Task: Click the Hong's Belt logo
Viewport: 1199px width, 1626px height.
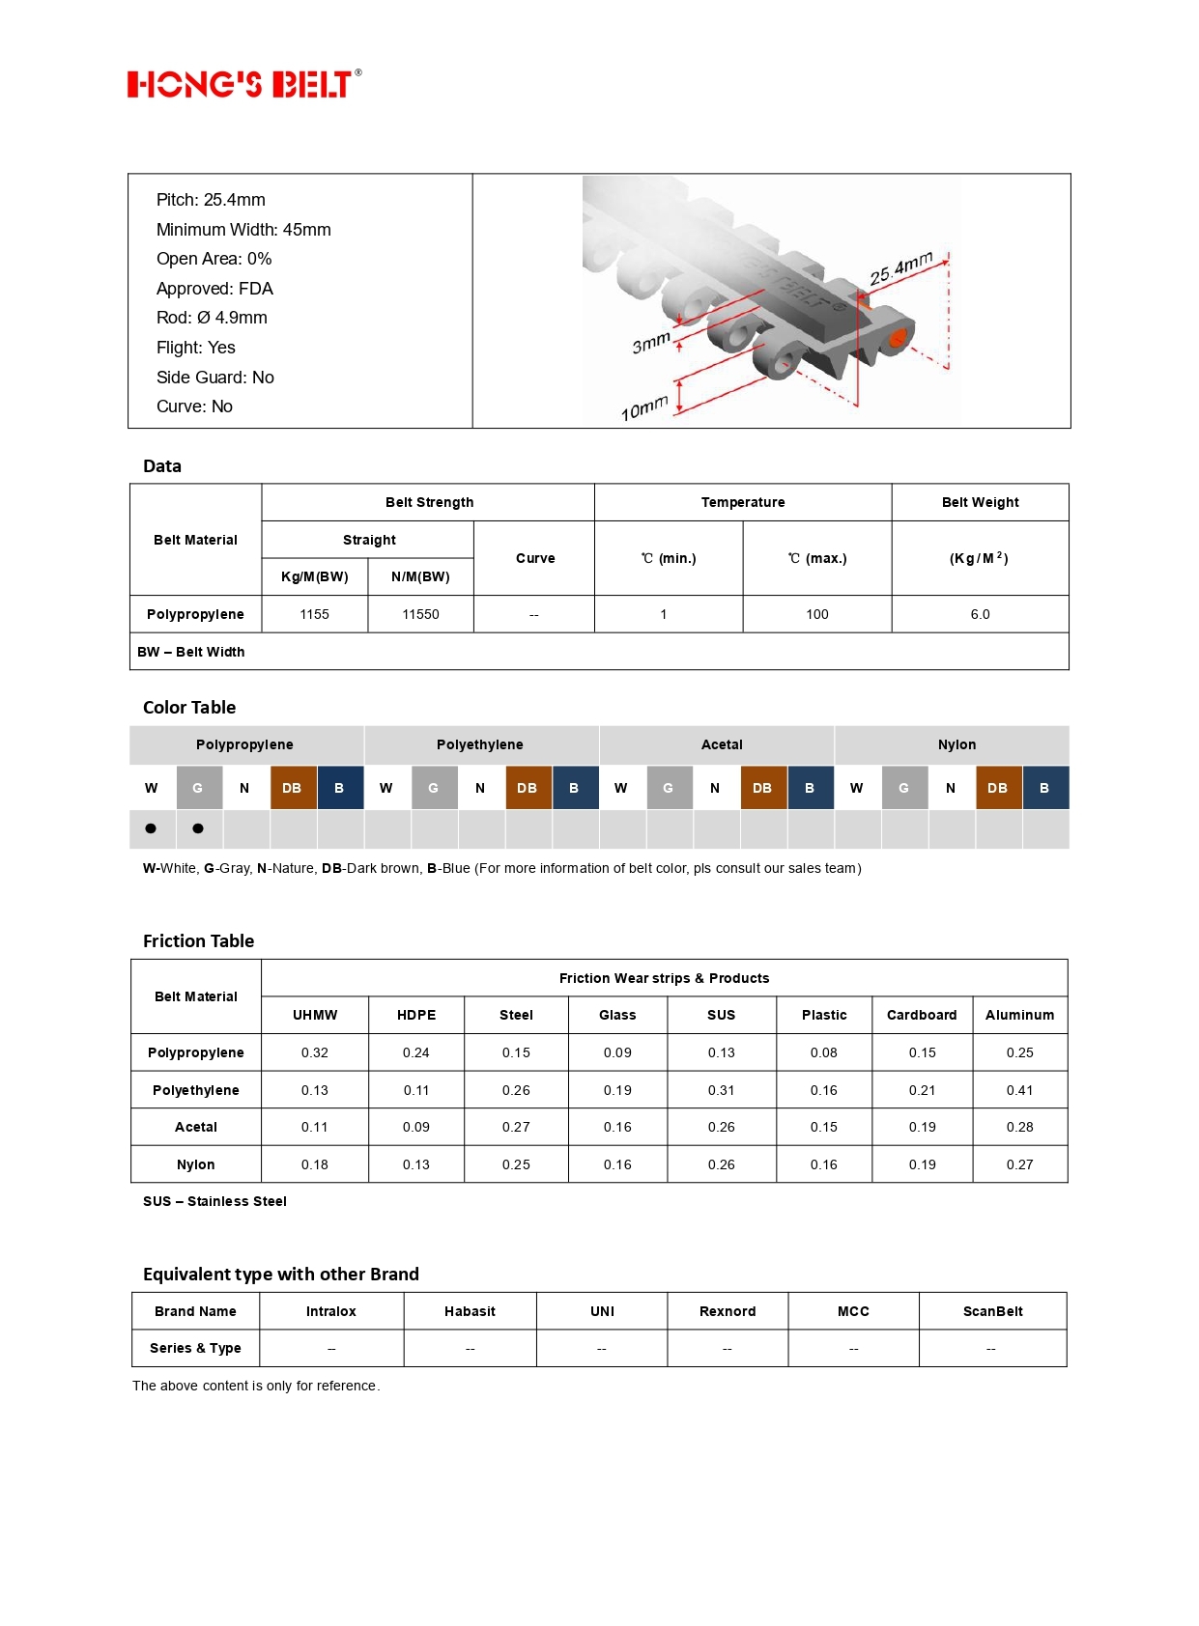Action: point(243,84)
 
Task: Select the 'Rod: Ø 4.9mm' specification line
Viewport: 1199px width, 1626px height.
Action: point(212,318)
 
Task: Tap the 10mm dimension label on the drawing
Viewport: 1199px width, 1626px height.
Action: point(643,408)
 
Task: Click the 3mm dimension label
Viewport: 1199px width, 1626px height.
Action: point(650,342)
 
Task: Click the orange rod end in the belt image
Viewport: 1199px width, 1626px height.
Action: point(898,338)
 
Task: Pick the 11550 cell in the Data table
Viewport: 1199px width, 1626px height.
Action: point(420,614)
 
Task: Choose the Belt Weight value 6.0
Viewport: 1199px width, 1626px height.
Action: point(980,614)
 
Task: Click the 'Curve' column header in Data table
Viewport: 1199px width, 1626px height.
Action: point(534,558)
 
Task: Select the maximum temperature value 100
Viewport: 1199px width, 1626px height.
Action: point(816,614)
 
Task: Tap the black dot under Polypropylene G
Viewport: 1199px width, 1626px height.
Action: point(198,828)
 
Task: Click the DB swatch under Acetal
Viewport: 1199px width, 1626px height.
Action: point(762,788)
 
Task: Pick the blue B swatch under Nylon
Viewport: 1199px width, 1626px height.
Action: point(1044,788)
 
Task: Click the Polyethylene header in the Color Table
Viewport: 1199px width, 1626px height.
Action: point(480,744)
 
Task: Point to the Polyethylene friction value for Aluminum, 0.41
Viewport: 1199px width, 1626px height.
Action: point(1019,1090)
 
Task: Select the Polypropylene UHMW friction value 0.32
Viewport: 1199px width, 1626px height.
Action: point(315,1052)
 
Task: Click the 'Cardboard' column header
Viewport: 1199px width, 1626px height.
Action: point(922,1015)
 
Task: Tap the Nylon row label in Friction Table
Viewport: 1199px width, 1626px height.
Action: point(196,1164)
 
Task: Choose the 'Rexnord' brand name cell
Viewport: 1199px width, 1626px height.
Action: point(728,1311)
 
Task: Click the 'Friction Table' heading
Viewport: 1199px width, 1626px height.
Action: point(199,940)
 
